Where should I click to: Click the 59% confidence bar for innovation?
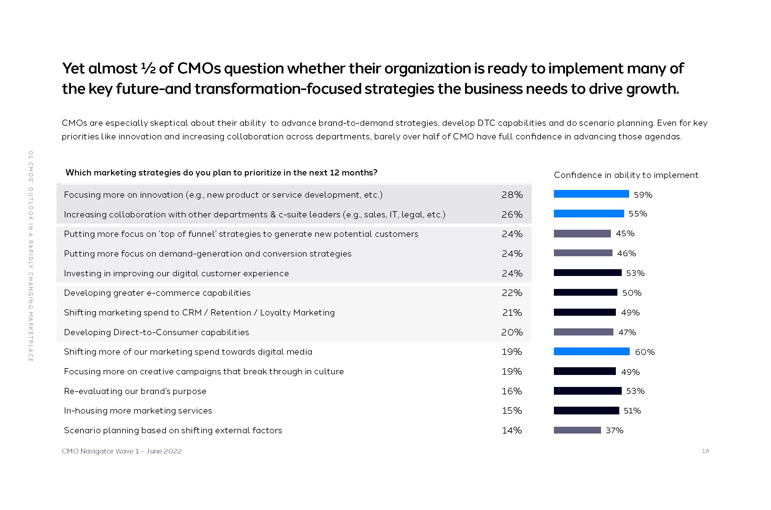(591, 194)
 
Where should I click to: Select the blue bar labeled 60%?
(592, 351)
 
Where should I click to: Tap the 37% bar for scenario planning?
(577, 430)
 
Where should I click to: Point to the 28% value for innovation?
(512, 195)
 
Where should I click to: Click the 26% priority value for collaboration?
(512, 214)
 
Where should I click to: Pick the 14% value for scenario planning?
(512, 430)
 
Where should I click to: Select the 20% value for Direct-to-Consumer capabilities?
(512, 332)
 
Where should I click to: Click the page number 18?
(705, 451)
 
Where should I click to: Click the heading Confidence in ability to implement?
(626, 175)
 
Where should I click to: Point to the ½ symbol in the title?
(148, 68)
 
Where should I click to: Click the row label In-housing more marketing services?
(138, 410)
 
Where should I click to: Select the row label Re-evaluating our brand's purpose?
(135, 391)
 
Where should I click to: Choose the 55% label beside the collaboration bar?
(638, 214)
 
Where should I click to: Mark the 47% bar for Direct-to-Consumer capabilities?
(583, 332)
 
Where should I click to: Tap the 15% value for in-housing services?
(512, 410)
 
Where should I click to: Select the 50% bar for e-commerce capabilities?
(585, 292)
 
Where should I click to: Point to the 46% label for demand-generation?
(626, 253)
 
